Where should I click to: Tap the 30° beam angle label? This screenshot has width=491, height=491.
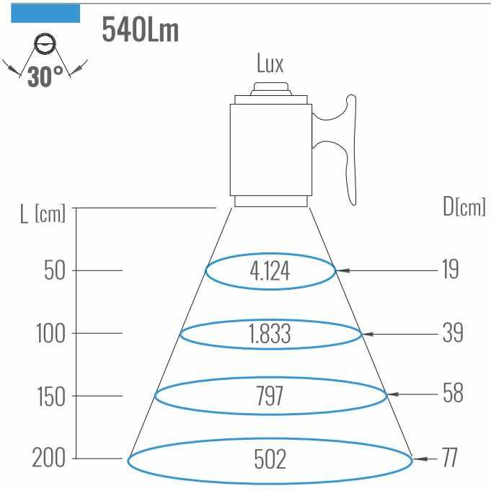(x=45, y=76)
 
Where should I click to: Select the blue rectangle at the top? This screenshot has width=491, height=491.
(x=45, y=13)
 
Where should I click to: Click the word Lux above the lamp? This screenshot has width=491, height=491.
(x=270, y=64)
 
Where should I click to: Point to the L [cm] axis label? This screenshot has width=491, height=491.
(x=42, y=214)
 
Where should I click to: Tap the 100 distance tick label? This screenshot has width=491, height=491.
(x=50, y=334)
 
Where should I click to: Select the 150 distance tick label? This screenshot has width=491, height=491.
(x=50, y=397)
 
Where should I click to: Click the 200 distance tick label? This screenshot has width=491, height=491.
(x=49, y=458)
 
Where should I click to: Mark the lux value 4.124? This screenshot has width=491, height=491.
(x=270, y=272)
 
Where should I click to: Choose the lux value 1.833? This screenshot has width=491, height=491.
(x=270, y=335)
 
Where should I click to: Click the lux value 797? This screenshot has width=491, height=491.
(x=270, y=397)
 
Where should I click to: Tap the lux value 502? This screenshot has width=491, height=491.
(x=270, y=459)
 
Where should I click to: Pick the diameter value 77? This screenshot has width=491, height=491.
(x=449, y=458)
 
